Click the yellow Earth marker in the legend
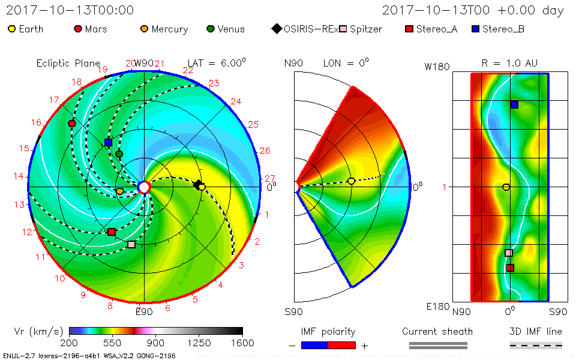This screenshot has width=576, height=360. point(12,29)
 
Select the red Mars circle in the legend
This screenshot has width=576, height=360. point(77,29)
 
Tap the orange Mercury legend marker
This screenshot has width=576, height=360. point(144,29)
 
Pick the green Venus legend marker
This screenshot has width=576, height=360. point(210,29)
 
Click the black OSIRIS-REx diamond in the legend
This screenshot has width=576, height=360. point(276,29)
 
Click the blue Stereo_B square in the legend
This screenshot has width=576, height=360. point(475,29)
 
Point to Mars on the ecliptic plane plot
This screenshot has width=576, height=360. point(72,124)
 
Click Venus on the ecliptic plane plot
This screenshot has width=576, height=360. point(119,154)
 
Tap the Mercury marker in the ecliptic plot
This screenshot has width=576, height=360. point(119,191)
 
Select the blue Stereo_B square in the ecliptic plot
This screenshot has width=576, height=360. point(108,143)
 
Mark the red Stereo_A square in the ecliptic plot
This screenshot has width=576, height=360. point(111,232)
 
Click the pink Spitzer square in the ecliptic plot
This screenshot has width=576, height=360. point(131,244)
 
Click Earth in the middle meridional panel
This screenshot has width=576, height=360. point(351,181)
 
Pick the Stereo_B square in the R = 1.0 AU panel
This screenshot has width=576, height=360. point(514,104)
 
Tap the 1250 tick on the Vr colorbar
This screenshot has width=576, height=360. point(199,343)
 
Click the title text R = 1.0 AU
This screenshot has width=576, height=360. point(509,63)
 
